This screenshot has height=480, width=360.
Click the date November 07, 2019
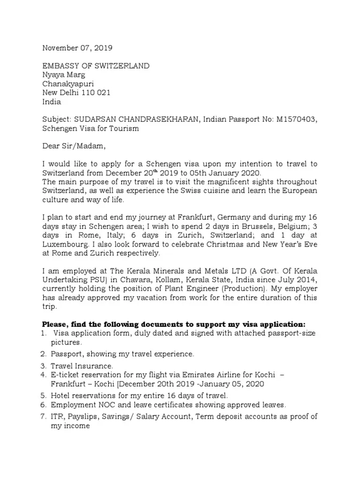tap(77, 48)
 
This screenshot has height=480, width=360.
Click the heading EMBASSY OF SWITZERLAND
tap(96, 66)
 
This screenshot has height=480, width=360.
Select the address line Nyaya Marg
tap(64, 75)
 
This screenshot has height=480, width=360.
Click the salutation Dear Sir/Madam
tap(75, 146)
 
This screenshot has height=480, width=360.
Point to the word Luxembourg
tap(66, 245)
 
